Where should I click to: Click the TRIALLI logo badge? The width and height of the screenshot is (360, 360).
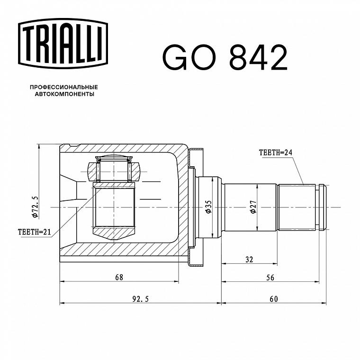(x=63, y=44)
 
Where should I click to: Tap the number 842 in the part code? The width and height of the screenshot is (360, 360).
(x=258, y=57)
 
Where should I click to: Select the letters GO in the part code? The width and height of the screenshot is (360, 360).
(x=189, y=57)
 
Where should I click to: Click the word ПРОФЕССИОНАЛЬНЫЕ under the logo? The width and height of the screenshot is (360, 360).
(x=64, y=87)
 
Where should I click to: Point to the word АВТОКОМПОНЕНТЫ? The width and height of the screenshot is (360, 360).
(x=64, y=94)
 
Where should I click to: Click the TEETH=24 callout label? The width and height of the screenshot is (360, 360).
(x=276, y=153)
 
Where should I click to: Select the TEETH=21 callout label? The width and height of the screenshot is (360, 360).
(x=34, y=232)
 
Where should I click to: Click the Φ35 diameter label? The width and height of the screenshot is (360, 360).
(x=208, y=207)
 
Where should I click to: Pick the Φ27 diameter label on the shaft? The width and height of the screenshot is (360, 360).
(x=253, y=207)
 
